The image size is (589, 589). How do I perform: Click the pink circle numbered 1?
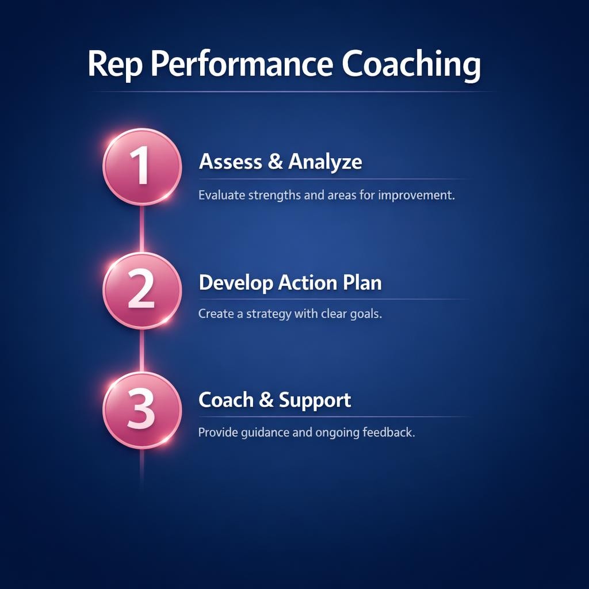pyautogui.click(x=142, y=166)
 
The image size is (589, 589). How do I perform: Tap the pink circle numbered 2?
pyautogui.click(x=142, y=290)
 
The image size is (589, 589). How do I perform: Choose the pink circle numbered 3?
pyautogui.click(x=142, y=410)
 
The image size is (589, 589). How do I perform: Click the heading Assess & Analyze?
pyautogui.click(x=280, y=162)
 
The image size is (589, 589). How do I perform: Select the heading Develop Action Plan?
pyautogui.click(x=290, y=283)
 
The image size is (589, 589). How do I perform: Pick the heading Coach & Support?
pyautogui.click(x=274, y=400)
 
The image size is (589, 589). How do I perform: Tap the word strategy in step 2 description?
pyautogui.click(x=269, y=315)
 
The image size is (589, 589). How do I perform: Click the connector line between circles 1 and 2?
pyautogui.click(x=142, y=228)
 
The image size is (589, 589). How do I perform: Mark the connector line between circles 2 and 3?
pyautogui.click(x=142, y=350)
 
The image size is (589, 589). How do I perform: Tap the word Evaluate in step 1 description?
pyautogui.click(x=221, y=196)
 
